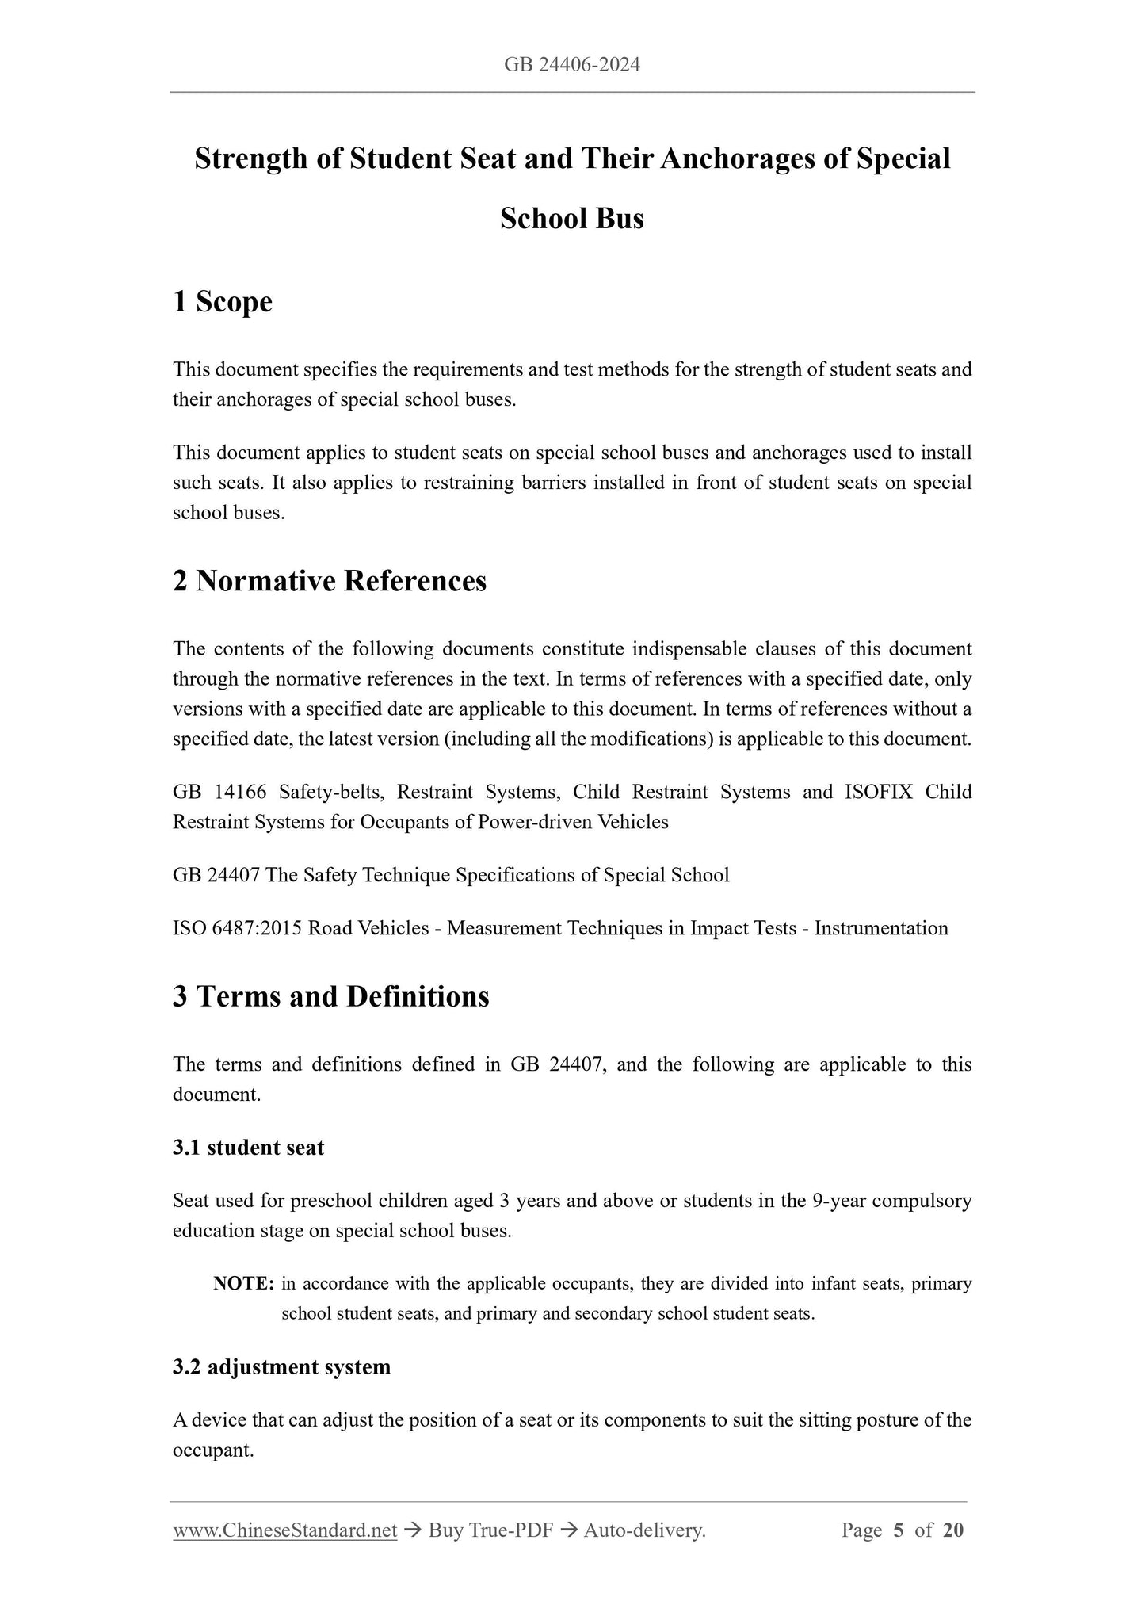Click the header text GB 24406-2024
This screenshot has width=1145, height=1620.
point(572,65)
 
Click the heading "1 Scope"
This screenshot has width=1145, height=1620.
point(223,302)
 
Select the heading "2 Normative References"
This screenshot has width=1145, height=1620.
point(330,581)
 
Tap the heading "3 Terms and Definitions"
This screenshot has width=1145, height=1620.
point(331,996)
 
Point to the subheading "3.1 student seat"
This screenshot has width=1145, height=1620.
point(248,1148)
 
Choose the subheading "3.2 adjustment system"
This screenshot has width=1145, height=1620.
point(281,1367)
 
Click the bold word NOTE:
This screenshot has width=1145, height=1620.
point(244,1283)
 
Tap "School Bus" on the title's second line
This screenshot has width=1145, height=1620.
point(572,219)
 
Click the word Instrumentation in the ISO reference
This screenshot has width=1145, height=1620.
point(881,928)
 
